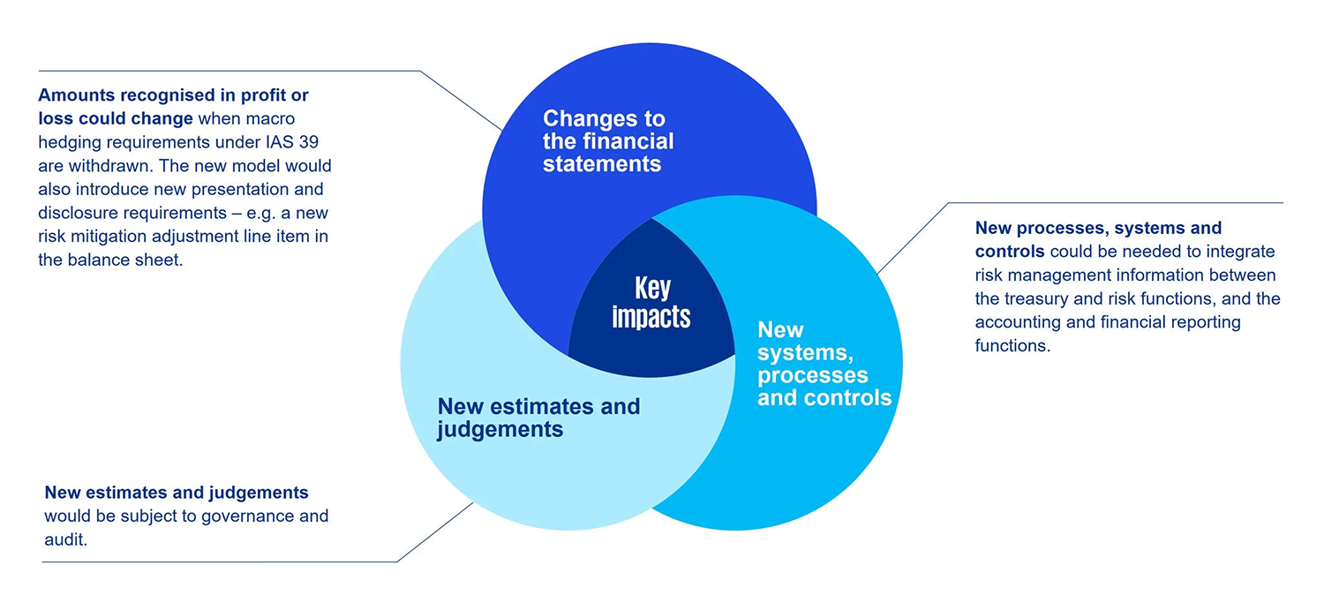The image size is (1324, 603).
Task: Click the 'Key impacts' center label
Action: coord(651,303)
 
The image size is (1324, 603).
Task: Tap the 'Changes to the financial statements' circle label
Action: coord(608,141)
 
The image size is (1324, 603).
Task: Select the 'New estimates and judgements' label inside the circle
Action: coord(538,418)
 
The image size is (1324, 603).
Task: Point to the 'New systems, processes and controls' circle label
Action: coord(824,364)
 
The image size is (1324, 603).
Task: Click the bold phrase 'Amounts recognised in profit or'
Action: coord(173,94)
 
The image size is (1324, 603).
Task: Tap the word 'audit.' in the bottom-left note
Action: coord(66,539)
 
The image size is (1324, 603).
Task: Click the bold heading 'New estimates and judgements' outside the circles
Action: coord(177,492)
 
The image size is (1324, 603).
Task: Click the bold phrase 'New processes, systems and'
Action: coord(1098,228)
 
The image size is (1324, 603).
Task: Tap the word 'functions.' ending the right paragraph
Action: coord(1012,345)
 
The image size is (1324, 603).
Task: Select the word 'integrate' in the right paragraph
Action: coord(1241,252)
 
